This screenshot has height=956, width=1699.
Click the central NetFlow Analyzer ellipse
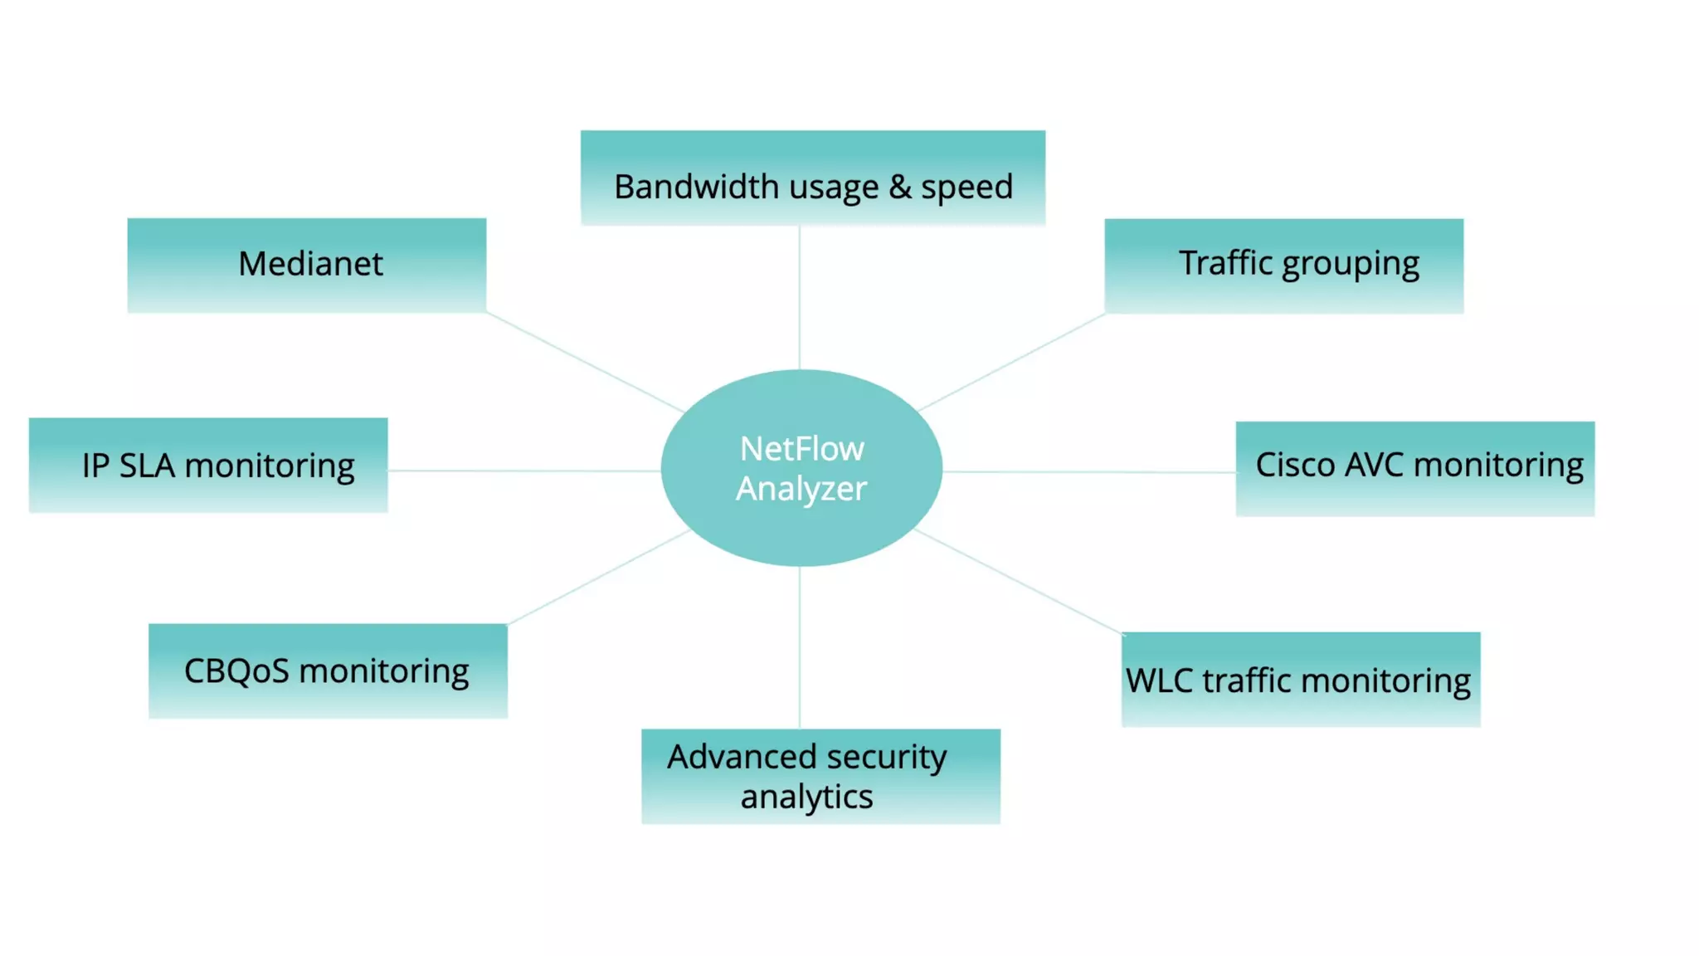(801, 468)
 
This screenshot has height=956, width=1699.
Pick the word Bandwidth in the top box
(696, 187)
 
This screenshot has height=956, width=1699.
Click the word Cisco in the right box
(1294, 465)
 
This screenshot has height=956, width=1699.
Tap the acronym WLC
(1159, 680)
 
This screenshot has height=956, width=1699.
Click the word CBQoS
(236, 671)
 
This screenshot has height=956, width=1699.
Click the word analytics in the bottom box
(806, 797)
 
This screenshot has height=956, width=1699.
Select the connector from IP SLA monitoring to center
(523, 471)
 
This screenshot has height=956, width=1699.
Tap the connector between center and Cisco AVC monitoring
(1088, 471)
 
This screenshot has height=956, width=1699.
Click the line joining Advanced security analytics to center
(799, 647)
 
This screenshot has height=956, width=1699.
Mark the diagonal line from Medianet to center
(585, 363)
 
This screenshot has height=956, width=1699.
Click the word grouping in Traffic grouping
(1351, 265)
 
